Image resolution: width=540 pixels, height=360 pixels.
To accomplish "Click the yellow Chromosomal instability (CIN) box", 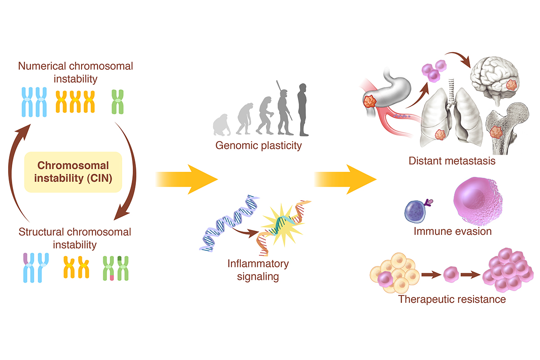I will [x=73, y=172].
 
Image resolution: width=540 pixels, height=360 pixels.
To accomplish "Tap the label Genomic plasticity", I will [x=258, y=145].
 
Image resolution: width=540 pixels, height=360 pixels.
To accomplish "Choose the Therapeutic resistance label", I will [x=452, y=299].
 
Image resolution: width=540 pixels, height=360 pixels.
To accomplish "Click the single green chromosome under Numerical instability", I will [x=117, y=102].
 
